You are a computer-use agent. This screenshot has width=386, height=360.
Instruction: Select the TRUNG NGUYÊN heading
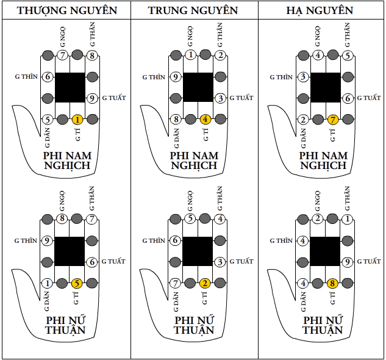tap(194, 10)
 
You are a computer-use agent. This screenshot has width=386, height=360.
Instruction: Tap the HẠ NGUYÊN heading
tap(320, 10)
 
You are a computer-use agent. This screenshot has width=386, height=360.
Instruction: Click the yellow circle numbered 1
tap(77, 120)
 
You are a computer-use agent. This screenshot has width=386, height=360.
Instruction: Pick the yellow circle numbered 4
tap(206, 120)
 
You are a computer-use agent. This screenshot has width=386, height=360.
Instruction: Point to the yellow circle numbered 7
tap(333, 120)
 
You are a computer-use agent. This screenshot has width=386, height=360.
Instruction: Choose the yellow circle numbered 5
tap(77, 283)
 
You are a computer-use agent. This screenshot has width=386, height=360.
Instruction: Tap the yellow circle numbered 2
tap(206, 283)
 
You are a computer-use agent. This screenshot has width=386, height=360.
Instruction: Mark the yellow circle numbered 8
tap(333, 283)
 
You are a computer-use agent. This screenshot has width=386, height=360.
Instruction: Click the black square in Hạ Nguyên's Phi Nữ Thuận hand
tap(325, 251)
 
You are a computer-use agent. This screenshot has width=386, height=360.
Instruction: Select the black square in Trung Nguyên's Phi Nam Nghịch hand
tap(198, 88)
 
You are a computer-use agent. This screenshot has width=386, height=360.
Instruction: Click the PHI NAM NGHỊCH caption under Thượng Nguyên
tap(66, 160)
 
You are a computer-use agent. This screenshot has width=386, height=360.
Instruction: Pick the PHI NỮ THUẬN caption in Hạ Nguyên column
tap(321, 325)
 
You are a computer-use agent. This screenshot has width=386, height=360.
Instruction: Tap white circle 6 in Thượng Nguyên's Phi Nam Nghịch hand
tap(48, 77)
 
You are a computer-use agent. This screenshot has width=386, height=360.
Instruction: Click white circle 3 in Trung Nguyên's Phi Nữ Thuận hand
tap(221, 262)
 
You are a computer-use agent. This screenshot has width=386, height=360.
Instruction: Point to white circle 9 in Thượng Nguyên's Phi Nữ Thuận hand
tap(48, 241)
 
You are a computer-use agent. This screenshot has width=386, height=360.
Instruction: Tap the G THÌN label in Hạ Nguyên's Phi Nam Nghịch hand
tap(281, 77)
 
